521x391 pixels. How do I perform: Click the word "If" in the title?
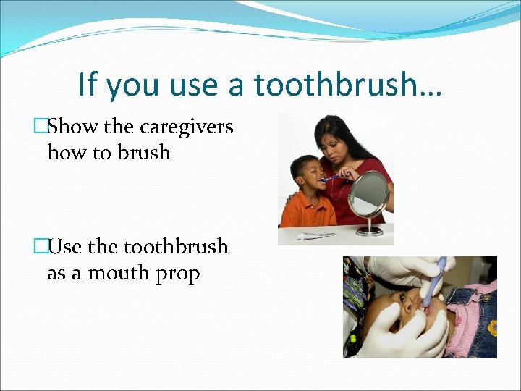tap(86, 84)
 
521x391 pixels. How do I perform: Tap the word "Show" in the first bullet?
tap(74, 127)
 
